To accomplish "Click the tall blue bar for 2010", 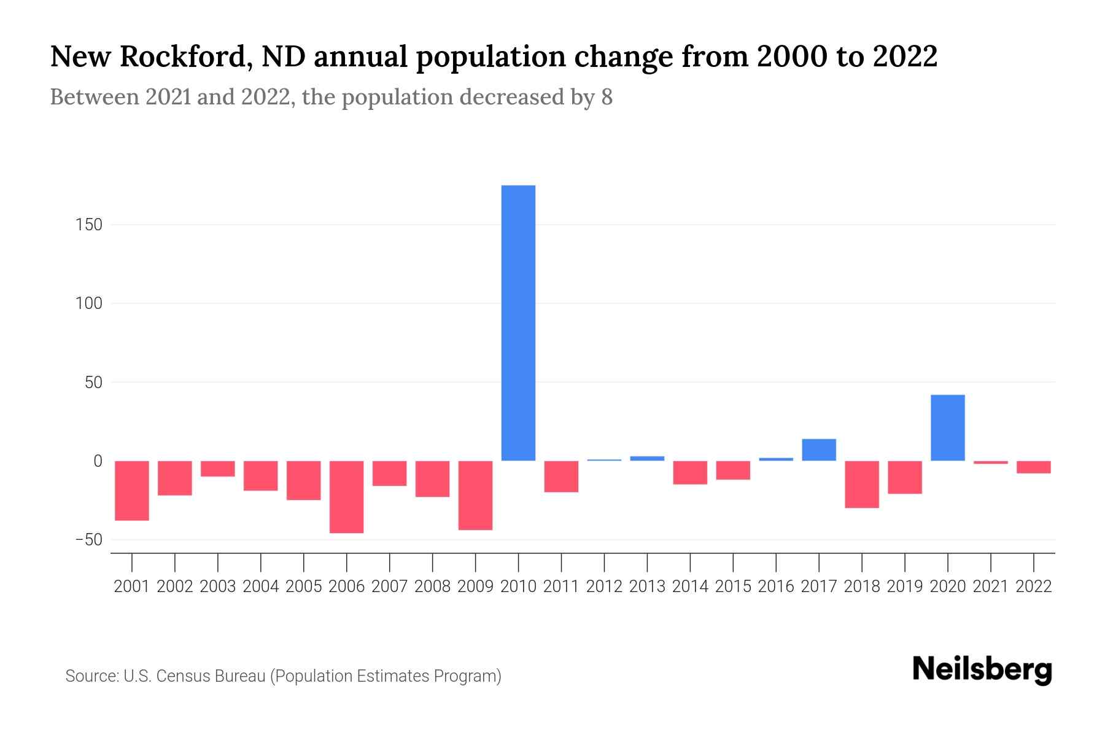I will [518, 323].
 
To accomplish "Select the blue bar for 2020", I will [947, 427].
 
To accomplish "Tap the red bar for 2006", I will [346, 497].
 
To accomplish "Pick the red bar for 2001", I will [132, 491].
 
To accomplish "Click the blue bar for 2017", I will [819, 450].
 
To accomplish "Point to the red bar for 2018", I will [862, 484].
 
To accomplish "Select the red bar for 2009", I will [475, 495].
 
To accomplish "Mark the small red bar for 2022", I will [1033, 467].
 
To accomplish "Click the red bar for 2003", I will [218, 469].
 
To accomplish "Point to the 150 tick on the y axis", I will [89, 225].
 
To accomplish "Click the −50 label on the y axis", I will [88, 540].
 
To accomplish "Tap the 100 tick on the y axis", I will [89, 303].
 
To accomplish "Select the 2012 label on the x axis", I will [604, 587].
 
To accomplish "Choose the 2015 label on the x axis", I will [733, 587].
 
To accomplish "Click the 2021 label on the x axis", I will [990, 587].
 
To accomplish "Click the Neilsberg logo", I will [982, 670].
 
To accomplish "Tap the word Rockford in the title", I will [184, 57].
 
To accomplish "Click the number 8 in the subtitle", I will [607, 98].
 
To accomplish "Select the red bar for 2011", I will [561, 477].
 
